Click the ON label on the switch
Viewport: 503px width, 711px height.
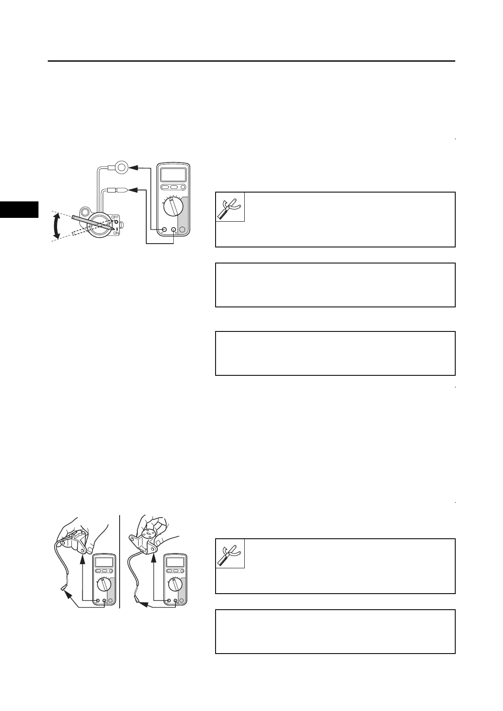[116, 233]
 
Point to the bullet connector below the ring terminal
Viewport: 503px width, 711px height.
[120, 190]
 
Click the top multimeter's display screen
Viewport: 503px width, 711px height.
[173, 175]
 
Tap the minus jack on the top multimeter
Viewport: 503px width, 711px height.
[164, 231]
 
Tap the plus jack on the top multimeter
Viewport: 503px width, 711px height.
[173, 231]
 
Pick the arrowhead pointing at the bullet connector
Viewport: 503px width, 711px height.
[133, 190]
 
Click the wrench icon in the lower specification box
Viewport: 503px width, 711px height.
[230, 553]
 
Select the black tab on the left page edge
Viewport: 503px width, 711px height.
[19, 209]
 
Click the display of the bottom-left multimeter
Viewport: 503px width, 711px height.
[104, 562]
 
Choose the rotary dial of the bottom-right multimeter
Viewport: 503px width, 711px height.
[175, 585]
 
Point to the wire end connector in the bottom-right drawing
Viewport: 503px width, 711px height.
[138, 599]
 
